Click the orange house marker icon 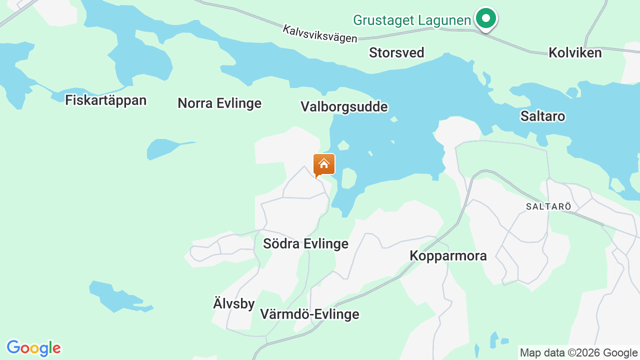click(324, 164)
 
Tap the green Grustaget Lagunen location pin click(485, 18)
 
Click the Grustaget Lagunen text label click(411, 20)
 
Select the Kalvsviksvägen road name click(320, 34)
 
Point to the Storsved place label click(396, 52)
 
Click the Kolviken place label click(575, 52)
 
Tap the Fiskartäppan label click(106, 100)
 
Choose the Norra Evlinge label click(219, 103)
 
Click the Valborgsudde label click(344, 106)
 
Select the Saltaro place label click(542, 116)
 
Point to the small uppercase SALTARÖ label click(548, 206)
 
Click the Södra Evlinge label click(305, 243)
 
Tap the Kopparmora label click(448, 255)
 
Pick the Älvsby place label click(234, 303)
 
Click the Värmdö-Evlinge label click(309, 314)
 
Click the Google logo click(33, 348)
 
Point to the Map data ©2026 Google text click(578, 352)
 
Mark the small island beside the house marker click(348, 178)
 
